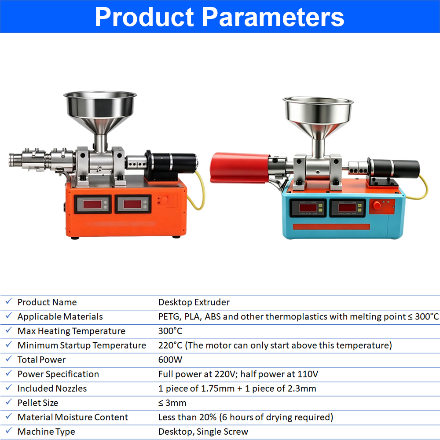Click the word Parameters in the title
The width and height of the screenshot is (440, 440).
(x=273, y=18)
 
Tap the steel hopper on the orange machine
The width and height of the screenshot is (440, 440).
(x=100, y=118)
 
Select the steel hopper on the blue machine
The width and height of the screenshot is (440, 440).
(x=318, y=124)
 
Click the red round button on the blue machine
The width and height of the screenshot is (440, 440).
(x=377, y=205)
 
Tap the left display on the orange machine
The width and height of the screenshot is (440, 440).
(x=93, y=204)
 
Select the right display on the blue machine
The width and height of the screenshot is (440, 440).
(x=348, y=208)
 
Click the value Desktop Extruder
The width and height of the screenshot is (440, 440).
(x=194, y=302)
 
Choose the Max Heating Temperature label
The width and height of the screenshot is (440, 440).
(x=71, y=331)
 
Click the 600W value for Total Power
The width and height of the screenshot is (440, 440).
(x=170, y=360)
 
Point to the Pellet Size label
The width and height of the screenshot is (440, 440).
(x=37, y=403)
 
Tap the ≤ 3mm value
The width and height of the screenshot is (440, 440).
(x=172, y=403)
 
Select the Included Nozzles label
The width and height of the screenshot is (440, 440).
(x=52, y=389)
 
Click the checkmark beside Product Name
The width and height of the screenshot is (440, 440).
(x=9, y=301)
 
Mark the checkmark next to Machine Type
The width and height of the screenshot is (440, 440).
(x=9, y=431)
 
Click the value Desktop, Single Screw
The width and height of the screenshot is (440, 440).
(x=203, y=432)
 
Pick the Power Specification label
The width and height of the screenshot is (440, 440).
(x=58, y=374)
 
